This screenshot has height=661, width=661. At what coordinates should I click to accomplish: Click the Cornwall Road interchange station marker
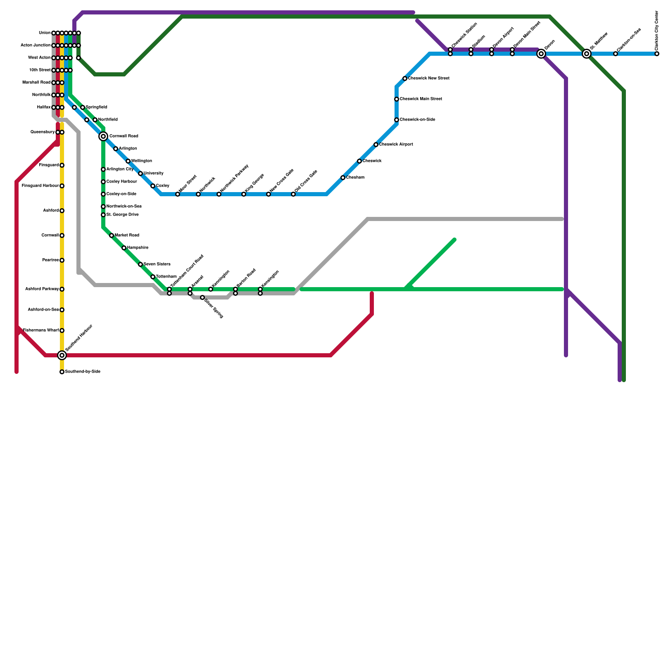[103, 136]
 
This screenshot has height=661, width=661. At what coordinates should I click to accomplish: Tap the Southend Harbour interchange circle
[62, 355]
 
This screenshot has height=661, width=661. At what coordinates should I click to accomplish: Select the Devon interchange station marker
[541, 54]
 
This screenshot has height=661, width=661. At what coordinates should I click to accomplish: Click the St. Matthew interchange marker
[587, 54]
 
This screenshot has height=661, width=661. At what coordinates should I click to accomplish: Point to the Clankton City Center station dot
[657, 54]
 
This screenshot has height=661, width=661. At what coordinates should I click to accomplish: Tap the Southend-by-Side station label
[83, 372]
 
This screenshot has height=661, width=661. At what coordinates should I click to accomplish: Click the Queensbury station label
[43, 132]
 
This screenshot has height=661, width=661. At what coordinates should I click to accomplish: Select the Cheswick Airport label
[396, 145]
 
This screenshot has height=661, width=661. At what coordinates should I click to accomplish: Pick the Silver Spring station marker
[202, 297]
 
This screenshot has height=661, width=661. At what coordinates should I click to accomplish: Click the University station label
[153, 174]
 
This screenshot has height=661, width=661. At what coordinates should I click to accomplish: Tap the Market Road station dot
[112, 235]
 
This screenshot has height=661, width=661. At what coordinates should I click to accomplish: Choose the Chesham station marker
[343, 178]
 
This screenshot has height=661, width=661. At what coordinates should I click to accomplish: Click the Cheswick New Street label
[428, 78]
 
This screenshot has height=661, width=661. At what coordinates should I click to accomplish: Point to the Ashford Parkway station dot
[62, 289]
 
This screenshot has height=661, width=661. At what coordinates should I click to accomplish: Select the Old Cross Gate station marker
[293, 194]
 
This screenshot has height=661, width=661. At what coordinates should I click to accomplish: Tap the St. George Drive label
[122, 215]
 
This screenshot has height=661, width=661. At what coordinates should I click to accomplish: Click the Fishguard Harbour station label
[40, 186]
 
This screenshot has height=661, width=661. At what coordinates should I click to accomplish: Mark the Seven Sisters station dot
[140, 264]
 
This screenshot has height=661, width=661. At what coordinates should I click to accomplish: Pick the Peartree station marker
[62, 260]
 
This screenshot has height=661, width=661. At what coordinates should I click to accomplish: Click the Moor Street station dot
[178, 194]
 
